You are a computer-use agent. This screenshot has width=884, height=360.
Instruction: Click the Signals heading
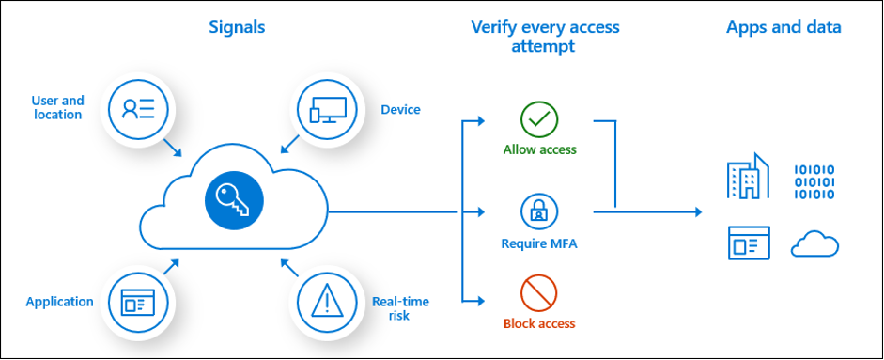(x=237, y=27)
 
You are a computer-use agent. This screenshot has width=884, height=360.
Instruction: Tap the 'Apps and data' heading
(x=783, y=27)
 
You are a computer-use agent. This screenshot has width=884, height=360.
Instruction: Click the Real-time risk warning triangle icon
(x=326, y=301)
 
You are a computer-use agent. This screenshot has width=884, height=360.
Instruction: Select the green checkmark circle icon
(x=539, y=119)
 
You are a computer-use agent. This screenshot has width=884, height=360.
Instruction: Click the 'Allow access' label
(x=539, y=149)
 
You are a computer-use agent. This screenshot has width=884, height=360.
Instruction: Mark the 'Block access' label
(x=539, y=323)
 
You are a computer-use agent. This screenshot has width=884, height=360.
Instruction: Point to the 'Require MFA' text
(x=539, y=244)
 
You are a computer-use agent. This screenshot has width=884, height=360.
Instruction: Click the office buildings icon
(x=748, y=178)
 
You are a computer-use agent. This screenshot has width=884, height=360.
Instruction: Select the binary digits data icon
(x=814, y=180)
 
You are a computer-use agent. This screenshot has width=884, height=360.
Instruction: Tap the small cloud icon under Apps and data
(x=814, y=244)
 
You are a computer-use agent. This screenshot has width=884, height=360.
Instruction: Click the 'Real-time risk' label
(x=399, y=308)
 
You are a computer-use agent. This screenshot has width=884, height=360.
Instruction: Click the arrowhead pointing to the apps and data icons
(x=696, y=212)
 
